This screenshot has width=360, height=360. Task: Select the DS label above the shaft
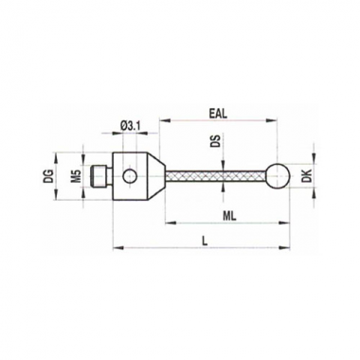(x=219, y=142)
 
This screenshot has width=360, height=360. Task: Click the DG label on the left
(x=45, y=176)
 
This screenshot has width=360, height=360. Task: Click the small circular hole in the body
(x=130, y=176)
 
